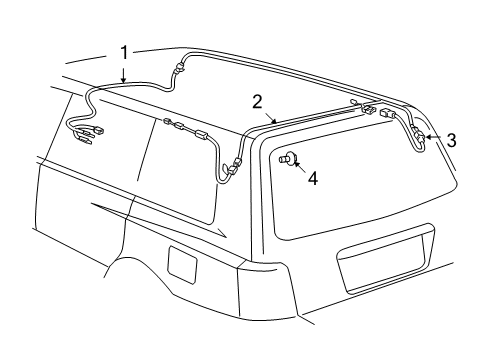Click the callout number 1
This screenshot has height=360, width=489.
124,51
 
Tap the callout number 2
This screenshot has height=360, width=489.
257,101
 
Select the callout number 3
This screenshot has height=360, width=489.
451,140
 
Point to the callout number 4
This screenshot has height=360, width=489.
313,179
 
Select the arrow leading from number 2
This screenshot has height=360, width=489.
267,116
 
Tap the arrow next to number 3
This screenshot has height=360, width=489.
434,138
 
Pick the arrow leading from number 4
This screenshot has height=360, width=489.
300,169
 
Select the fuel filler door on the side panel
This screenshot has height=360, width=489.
183,263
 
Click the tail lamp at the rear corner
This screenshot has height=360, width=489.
254,290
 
